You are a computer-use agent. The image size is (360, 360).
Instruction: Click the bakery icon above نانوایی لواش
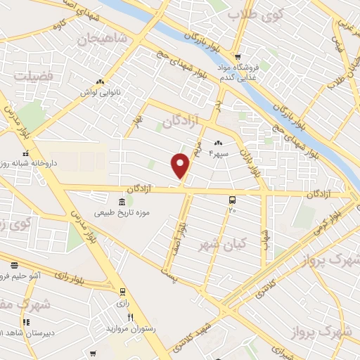pyautogui.click(x=100, y=82)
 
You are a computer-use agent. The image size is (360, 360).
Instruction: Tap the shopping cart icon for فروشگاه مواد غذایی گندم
pyautogui.click(x=238, y=57)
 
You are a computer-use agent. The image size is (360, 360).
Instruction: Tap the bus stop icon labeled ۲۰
pyautogui.click(x=232, y=200)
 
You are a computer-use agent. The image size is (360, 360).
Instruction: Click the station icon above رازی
pyautogui.click(x=123, y=290)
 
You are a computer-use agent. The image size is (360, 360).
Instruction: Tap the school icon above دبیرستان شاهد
pyautogui.click(x=26, y=322)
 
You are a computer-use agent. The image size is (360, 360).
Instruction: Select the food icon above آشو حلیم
pyautogui.click(x=14, y=266)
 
